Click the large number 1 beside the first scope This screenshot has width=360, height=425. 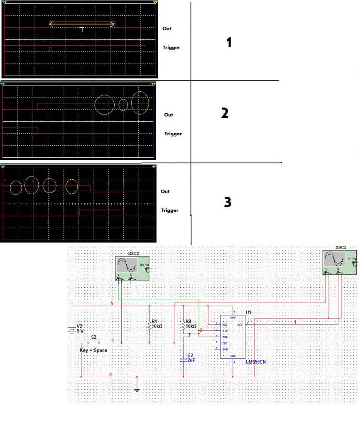pos(229,42)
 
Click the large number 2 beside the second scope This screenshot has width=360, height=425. pos(225,113)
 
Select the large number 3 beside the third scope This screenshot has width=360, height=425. pos(227,202)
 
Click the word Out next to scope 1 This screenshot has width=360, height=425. pos(167,29)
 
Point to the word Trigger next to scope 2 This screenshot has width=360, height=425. pos(173,134)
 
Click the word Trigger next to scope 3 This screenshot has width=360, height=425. pos(169,210)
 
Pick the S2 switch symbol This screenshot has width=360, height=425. pos(94,343)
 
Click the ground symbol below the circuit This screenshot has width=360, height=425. pos(137,390)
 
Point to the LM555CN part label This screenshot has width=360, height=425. pos(256,362)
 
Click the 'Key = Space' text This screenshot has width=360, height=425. pos(93,350)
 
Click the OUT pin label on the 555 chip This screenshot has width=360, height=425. pos(240,325)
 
